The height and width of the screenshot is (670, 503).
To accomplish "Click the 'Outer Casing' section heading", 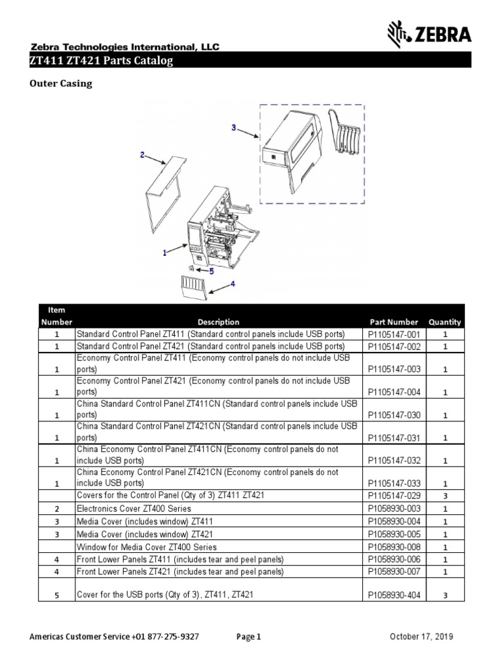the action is pyautogui.click(x=61, y=83).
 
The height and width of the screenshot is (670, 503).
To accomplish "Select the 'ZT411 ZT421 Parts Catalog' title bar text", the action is pyautogui.click(x=102, y=61).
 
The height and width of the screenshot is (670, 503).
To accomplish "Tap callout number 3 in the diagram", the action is pyautogui.click(x=233, y=128).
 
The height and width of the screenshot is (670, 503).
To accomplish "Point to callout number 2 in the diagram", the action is pyautogui.click(x=141, y=155).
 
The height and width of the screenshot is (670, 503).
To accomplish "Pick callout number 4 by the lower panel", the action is pyautogui.click(x=232, y=284).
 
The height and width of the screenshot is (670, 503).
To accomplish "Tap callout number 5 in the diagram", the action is pyautogui.click(x=212, y=270).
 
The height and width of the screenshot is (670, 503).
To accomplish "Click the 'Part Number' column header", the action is pyautogui.click(x=393, y=322).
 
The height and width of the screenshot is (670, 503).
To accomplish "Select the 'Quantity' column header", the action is pyautogui.click(x=445, y=322).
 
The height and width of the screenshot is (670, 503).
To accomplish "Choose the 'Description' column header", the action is pyautogui.click(x=218, y=322).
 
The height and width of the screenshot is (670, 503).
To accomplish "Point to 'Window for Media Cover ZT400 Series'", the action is pyautogui.click(x=147, y=547).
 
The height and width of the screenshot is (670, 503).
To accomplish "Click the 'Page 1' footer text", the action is pyautogui.click(x=248, y=637).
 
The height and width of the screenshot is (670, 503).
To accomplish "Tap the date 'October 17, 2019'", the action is pyautogui.click(x=422, y=637).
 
